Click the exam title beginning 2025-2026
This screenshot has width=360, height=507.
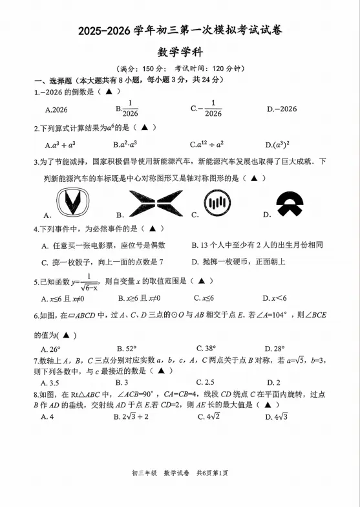180,30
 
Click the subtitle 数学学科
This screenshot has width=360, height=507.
180,52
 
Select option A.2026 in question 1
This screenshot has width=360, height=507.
56,109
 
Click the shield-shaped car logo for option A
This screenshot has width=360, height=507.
73,204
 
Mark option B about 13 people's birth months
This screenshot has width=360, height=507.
257,245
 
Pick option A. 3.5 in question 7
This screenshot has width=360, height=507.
50,382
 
